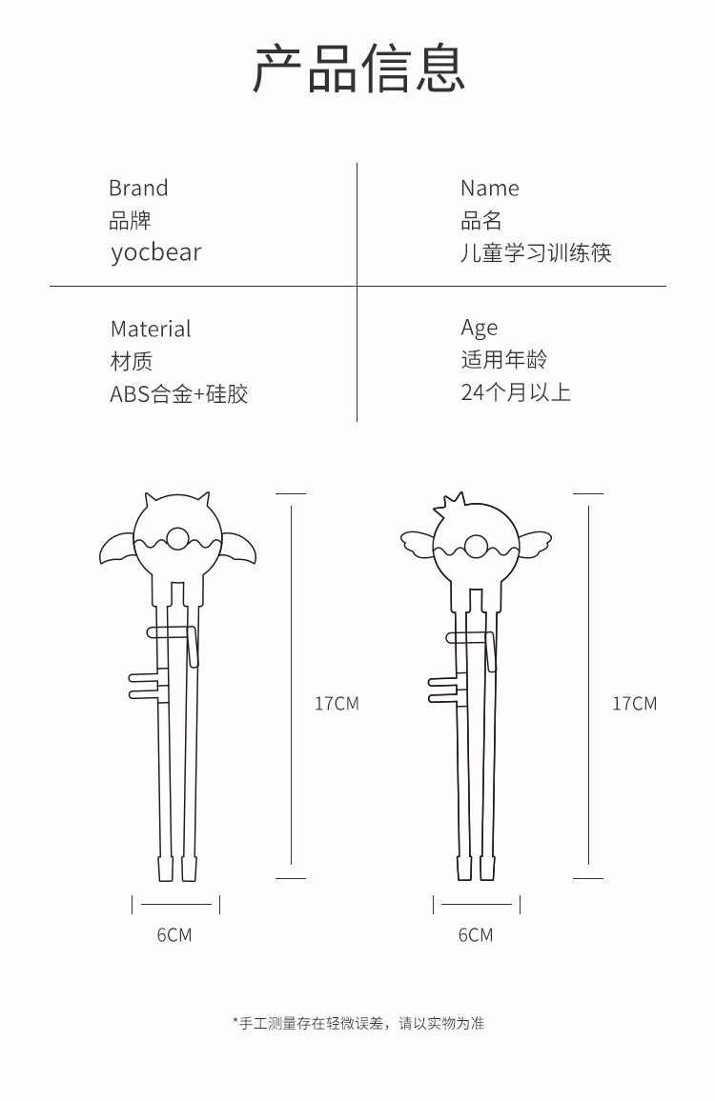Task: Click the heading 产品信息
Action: click(358, 69)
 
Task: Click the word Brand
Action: click(138, 189)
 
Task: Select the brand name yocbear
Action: click(156, 252)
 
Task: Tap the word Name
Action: click(490, 189)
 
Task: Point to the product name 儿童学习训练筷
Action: click(536, 252)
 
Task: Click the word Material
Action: click(151, 329)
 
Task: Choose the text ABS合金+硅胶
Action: click(178, 394)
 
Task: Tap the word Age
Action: click(480, 329)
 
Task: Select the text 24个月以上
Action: click(516, 391)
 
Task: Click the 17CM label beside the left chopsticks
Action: click(337, 704)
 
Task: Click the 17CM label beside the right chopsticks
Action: click(634, 704)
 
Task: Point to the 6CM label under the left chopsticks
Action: click(174, 935)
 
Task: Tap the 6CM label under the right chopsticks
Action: click(476, 935)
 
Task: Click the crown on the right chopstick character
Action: click(450, 504)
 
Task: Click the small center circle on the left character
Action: click(177, 539)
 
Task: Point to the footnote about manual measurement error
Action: click(358, 1023)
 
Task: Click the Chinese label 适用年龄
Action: click(504, 359)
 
